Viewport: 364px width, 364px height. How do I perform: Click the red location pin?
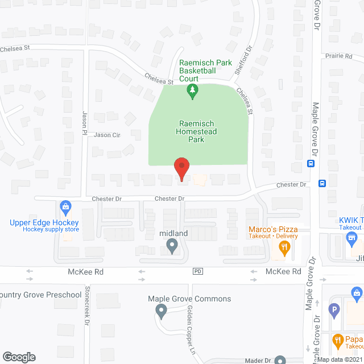(181, 169)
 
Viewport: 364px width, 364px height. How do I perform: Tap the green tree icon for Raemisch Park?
(193, 90)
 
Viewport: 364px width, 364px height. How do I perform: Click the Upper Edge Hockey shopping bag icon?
(65, 205)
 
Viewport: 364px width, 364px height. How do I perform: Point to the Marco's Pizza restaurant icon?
(282, 247)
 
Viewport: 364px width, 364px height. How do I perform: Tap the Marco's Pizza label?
(274, 230)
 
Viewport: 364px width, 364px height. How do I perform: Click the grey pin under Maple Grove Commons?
(161, 311)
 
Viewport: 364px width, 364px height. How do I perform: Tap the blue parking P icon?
(334, 311)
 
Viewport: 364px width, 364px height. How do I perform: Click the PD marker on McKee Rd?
(198, 272)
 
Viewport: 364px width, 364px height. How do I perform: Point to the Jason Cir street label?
(107, 135)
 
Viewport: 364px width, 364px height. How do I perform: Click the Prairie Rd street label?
(340, 56)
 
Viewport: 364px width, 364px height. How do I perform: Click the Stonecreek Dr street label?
(87, 313)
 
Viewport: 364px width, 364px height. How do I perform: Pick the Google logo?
(19, 357)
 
